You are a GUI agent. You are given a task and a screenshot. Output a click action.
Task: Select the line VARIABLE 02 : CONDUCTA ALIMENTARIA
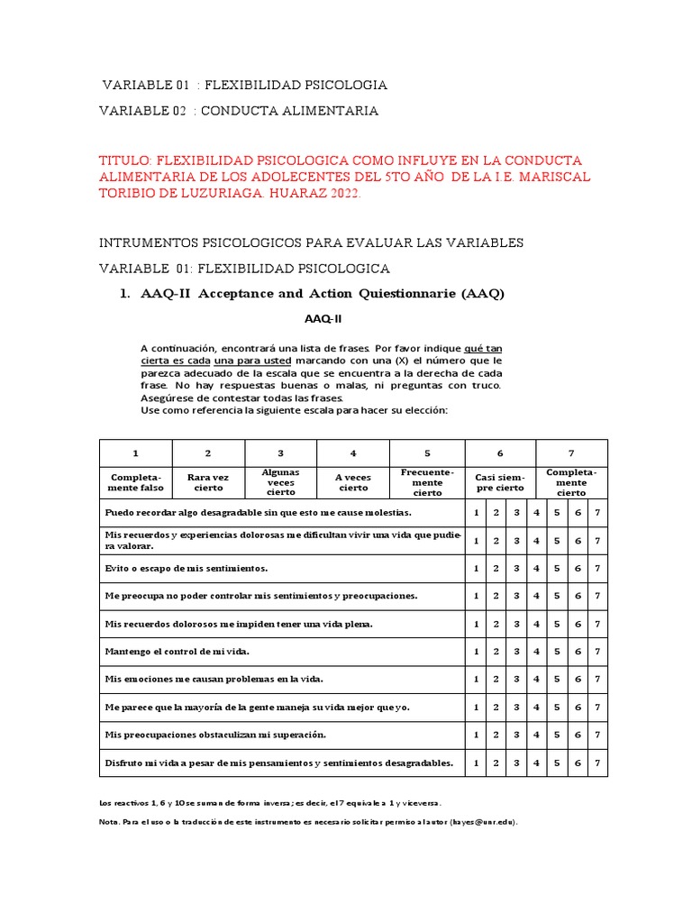239,111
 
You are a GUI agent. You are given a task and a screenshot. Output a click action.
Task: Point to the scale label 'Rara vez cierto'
208,482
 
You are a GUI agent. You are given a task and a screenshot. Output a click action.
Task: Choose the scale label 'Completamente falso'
136,482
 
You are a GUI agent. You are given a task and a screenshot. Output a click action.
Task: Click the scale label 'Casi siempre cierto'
500,482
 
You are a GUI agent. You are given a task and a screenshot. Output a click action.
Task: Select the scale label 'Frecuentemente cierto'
427,482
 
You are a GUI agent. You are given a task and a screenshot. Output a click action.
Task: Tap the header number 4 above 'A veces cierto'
353,453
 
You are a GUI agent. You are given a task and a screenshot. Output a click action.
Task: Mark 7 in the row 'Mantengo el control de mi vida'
596,652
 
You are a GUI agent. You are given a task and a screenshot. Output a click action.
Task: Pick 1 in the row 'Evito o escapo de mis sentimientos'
476,569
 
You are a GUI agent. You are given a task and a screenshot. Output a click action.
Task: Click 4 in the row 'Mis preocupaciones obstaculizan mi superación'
536,736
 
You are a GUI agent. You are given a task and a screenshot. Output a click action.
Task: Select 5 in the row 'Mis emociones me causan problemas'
557,680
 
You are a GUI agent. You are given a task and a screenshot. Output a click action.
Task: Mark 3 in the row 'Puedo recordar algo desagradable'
516,513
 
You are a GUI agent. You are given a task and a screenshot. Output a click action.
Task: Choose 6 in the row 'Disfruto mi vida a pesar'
578,763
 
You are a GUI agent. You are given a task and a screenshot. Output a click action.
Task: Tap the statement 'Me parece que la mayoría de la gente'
257,708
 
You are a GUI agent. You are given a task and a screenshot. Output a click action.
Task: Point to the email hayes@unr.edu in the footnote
485,822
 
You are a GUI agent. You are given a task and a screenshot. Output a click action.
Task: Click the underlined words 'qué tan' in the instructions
484,348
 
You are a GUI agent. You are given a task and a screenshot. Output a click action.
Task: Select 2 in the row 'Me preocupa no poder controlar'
496,596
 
